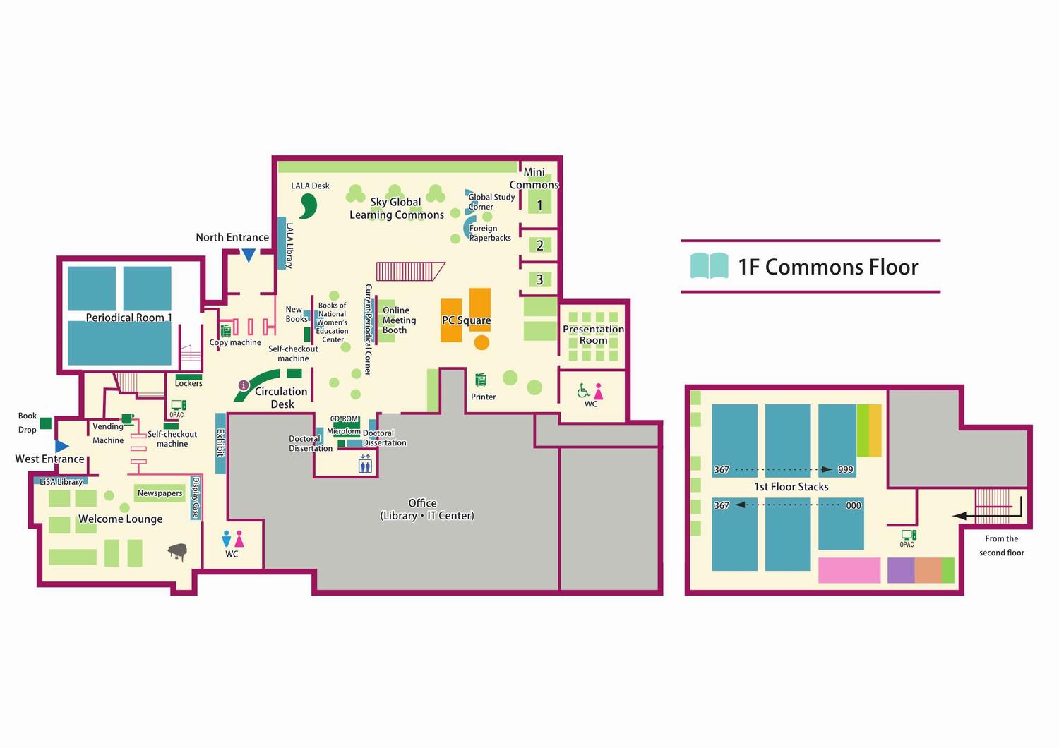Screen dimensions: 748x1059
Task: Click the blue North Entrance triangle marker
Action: pos(249,255)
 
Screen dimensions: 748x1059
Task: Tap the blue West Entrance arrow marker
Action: pos(61,446)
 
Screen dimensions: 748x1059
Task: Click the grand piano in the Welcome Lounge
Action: pos(178,552)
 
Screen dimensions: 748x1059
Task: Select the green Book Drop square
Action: pos(45,423)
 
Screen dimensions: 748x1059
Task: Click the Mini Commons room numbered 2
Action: pos(540,246)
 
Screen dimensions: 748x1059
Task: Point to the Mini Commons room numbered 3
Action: pos(540,279)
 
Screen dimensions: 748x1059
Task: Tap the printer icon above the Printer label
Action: pos(481,380)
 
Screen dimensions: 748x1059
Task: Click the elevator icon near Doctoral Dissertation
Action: pos(365,464)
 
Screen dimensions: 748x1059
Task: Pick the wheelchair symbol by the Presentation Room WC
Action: pos(583,390)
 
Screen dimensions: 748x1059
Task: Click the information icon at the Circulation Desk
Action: pos(244,385)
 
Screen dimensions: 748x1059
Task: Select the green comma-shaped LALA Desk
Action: pos(309,205)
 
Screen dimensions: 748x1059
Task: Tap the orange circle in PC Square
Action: pos(481,343)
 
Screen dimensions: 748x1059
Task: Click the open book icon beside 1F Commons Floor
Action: pos(709,266)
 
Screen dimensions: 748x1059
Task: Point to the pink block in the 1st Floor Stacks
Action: pos(849,570)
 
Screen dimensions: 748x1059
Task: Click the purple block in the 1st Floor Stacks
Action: pos(901,570)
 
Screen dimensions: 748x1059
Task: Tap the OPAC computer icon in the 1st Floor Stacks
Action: pos(908,536)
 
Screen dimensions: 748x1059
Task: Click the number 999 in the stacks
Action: pos(845,470)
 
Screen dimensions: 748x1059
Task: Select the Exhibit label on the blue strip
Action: pos(220,443)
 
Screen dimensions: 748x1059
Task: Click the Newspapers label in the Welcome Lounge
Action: pos(160,493)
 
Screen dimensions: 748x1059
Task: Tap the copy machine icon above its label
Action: pos(226,330)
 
